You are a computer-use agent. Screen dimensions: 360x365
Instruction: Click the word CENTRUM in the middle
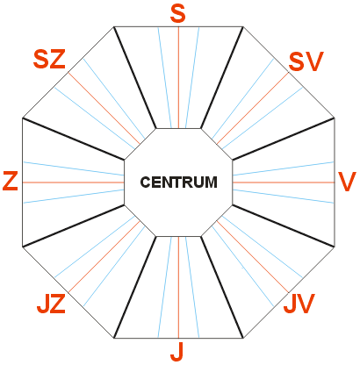(x=179, y=182)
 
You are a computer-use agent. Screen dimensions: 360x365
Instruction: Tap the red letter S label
(x=178, y=14)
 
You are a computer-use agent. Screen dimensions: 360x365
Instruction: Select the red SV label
(x=306, y=61)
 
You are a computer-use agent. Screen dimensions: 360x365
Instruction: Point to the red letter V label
(x=347, y=182)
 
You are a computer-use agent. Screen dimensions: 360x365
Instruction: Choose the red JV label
(x=299, y=304)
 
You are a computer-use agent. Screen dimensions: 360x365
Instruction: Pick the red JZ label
(x=51, y=304)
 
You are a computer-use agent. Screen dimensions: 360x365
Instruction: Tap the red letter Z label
(x=11, y=182)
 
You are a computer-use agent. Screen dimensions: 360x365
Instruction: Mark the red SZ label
(x=49, y=60)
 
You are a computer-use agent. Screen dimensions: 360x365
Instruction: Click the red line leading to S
(x=178, y=77)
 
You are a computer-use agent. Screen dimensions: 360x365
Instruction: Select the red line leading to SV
(x=253, y=108)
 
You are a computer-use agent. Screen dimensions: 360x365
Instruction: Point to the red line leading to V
(x=284, y=182)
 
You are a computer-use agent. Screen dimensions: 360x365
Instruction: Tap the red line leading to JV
(x=253, y=257)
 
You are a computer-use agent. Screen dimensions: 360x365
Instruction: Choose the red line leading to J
(x=178, y=288)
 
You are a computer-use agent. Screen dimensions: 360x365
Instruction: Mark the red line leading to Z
(x=74, y=182)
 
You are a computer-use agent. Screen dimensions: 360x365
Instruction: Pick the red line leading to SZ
(x=104, y=108)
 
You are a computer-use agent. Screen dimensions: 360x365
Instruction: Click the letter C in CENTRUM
(x=146, y=182)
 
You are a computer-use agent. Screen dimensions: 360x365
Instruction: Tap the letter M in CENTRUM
(x=211, y=182)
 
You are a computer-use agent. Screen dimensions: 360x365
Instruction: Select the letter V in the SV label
(x=315, y=61)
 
